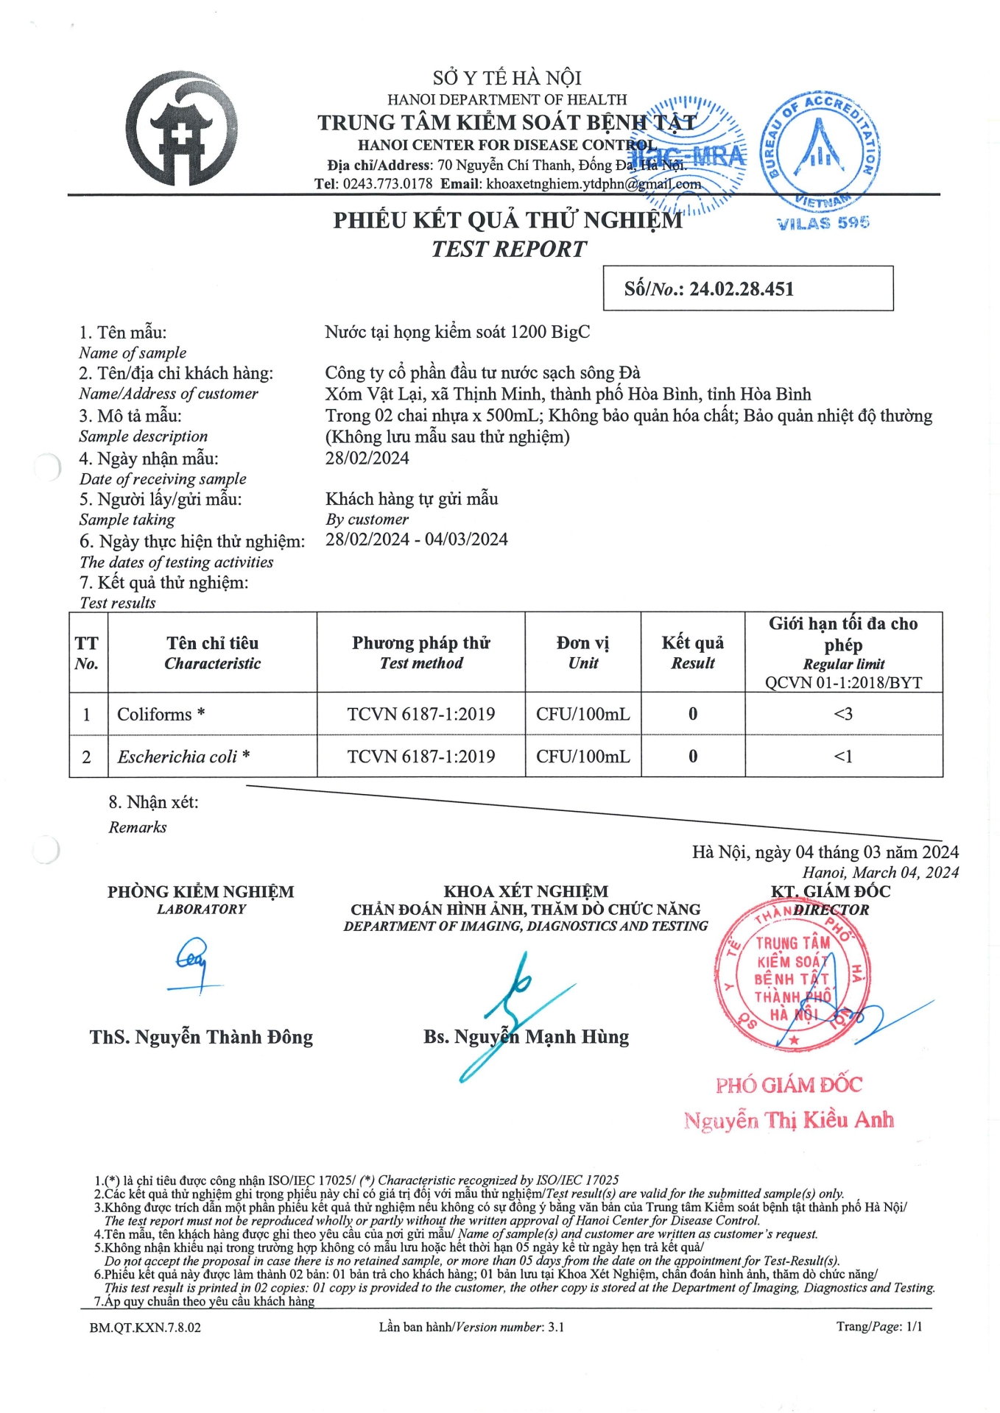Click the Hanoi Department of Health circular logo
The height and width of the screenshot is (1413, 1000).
(x=182, y=130)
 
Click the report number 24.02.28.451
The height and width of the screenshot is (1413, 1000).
(x=741, y=289)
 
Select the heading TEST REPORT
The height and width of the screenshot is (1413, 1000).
(x=509, y=249)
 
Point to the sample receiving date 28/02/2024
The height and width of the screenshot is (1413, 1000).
(x=367, y=458)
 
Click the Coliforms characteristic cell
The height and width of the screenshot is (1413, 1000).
(x=161, y=714)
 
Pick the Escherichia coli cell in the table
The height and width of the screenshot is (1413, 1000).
(x=183, y=757)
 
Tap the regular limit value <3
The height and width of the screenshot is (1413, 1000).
(x=843, y=714)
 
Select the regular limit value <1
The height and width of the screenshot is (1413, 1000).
(x=843, y=757)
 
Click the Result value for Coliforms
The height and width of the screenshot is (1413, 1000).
(x=693, y=714)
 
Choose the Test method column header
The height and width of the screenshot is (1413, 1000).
(x=421, y=653)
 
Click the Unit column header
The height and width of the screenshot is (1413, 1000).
(x=583, y=653)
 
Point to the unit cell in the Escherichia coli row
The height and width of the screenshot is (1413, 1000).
(x=583, y=757)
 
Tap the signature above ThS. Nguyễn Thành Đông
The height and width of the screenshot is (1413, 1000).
(x=194, y=963)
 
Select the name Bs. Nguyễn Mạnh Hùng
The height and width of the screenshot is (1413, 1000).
(x=526, y=1037)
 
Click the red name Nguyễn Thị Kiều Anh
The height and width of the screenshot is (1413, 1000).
(x=789, y=1120)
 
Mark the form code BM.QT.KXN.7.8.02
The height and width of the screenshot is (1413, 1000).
(x=145, y=1328)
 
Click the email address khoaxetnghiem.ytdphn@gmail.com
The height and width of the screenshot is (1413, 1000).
(x=593, y=184)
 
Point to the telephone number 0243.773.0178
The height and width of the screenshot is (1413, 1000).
(x=387, y=184)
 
